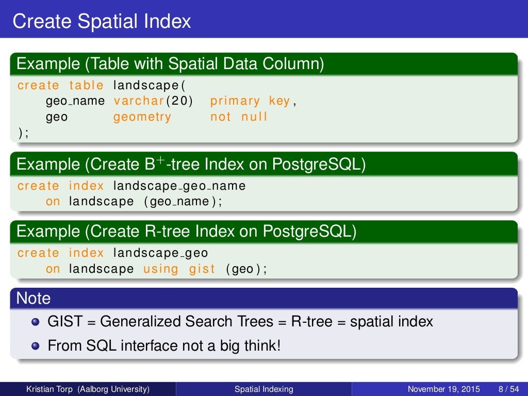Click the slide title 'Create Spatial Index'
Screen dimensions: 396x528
[102, 21]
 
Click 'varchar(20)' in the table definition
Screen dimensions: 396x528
[153, 101]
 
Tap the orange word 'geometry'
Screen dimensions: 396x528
[142, 117]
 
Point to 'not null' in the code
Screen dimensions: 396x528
[239, 117]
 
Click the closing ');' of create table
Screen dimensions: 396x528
[23, 133]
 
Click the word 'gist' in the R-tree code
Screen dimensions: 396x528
[202, 269]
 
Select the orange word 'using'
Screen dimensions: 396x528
[160, 269]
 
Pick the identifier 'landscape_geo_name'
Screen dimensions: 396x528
[179, 186]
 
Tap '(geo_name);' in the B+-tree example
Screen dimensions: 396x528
[183, 202]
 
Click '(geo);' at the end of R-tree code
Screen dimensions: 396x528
[246, 269]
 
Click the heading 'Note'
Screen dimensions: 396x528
[34, 298]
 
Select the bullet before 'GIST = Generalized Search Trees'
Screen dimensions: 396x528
[35, 322]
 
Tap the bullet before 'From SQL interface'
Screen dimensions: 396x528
[35, 345]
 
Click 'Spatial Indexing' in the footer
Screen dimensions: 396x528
[263, 389]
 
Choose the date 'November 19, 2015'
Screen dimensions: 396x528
[443, 389]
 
